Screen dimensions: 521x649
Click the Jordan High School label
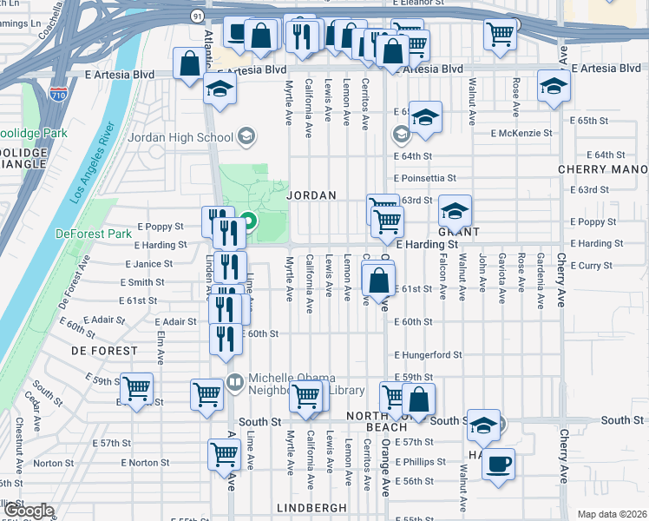click(x=180, y=137)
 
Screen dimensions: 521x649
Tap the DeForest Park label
click(x=93, y=234)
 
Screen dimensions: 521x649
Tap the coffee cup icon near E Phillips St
click(x=498, y=463)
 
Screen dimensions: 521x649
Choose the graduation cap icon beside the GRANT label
click(x=455, y=210)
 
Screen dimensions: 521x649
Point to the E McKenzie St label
click(x=521, y=133)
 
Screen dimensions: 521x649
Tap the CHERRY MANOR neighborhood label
click(x=602, y=169)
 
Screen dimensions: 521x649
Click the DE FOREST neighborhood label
click(x=103, y=351)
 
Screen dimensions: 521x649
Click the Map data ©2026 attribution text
click(x=612, y=514)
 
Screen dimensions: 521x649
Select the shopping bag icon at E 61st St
click(x=378, y=281)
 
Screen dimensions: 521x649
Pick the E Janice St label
click(x=149, y=264)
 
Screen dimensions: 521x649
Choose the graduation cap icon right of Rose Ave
click(x=554, y=85)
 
